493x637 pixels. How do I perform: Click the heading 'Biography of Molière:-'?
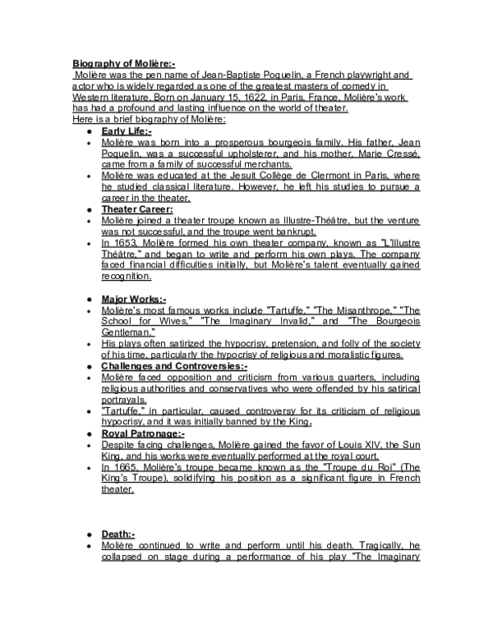(118, 64)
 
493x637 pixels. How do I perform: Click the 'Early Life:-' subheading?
(127, 131)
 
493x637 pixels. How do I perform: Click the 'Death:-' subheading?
(118, 534)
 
